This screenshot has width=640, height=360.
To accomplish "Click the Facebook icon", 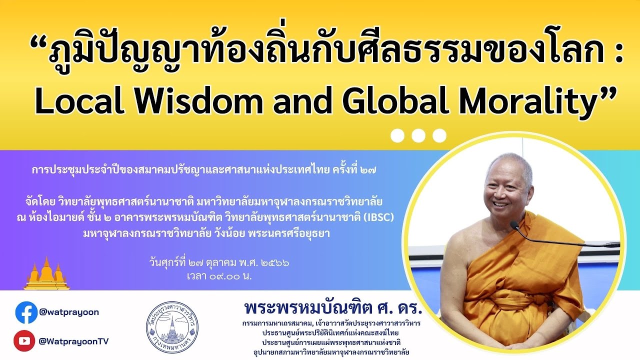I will [x=26, y=312].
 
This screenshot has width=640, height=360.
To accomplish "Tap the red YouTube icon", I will [x=24, y=341].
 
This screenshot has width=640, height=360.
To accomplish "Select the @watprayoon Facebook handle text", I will [x=69, y=312].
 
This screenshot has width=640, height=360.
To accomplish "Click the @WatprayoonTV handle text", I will [x=73, y=341].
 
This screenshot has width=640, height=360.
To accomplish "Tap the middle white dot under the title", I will [x=418, y=135].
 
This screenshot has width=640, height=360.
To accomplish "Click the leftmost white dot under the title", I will [x=397, y=135].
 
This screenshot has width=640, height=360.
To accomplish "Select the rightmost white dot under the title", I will [x=439, y=135].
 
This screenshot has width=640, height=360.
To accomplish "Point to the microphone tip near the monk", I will [x=514, y=225].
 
